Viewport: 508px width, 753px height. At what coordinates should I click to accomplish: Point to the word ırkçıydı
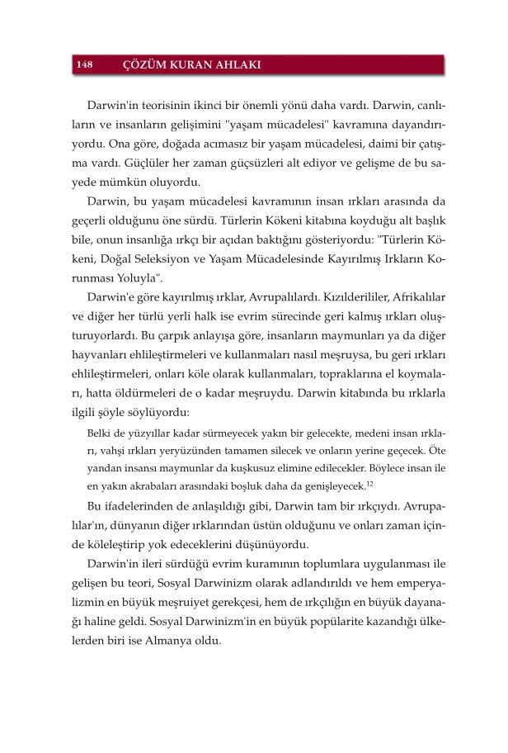click(355, 505)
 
